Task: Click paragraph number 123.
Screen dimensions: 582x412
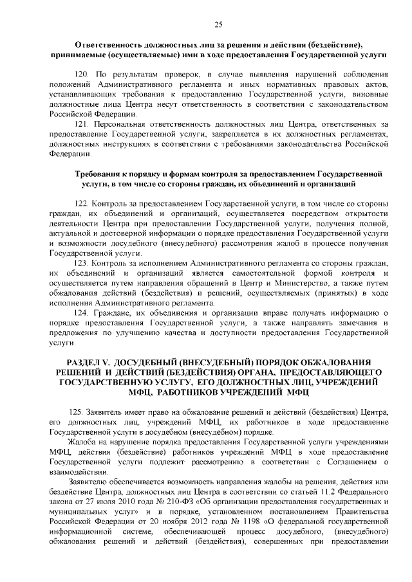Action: pyautogui.click(x=82, y=263)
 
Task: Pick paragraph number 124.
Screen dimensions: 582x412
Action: pyautogui.click(x=82, y=313)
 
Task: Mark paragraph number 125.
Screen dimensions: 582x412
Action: pyautogui.click(x=82, y=411)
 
